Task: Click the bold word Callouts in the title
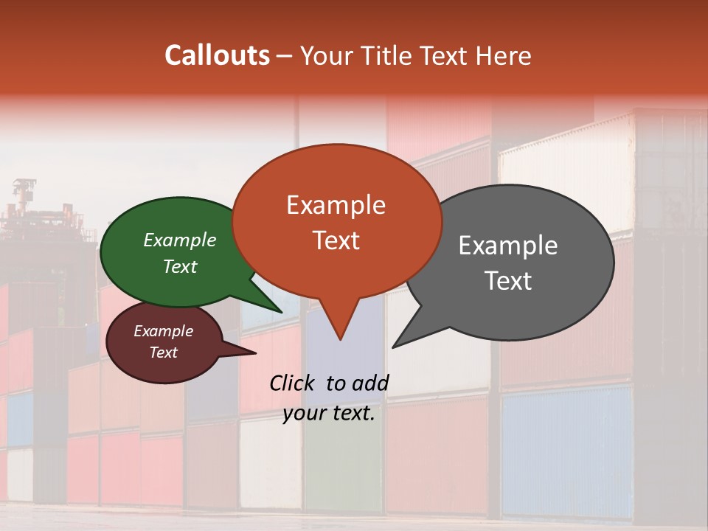(217, 55)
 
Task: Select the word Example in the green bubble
(179, 240)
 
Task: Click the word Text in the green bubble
(179, 266)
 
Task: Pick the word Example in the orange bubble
(336, 205)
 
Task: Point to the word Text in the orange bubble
(336, 240)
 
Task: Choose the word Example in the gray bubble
(507, 246)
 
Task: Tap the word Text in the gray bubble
(507, 281)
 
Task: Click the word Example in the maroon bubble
(163, 331)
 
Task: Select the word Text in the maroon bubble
(163, 353)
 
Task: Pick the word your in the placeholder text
(303, 413)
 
